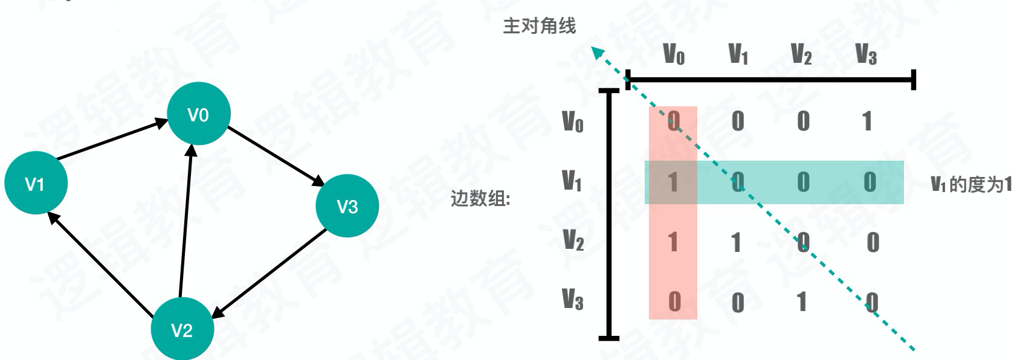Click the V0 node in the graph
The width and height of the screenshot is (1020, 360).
pos(198,114)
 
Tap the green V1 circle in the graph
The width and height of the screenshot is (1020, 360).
pos(36,183)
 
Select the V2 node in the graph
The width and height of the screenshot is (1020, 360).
pos(181,329)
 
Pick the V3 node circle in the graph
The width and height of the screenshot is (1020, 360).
pos(347,206)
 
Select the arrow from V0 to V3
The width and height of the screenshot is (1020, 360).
pos(276,155)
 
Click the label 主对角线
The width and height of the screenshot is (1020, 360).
pos(540,26)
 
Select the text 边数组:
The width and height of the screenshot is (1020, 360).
pos(480,199)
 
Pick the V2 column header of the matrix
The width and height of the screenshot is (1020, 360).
pos(801,54)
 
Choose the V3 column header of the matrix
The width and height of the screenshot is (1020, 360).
pos(866,54)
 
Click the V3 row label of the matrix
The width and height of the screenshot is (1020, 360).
pos(573,299)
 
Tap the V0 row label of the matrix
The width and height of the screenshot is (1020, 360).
pos(573,121)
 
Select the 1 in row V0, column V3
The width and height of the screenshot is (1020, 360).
pos(867,121)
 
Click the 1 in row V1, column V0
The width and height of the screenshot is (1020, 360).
pos(673,182)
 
